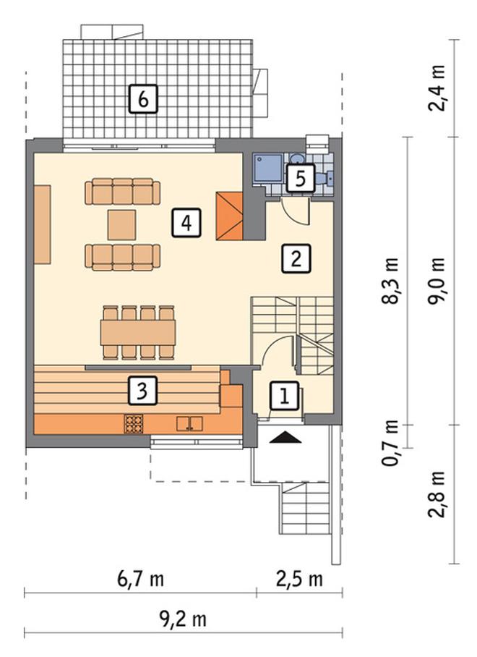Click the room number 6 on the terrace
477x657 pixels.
(143, 99)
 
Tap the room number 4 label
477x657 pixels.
(186, 223)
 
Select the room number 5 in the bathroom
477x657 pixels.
(300, 179)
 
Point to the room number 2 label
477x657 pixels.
(296, 259)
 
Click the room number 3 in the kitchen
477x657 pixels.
(142, 391)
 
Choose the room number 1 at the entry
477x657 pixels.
(285, 396)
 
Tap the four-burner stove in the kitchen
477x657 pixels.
(134, 423)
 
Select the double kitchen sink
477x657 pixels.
(189, 423)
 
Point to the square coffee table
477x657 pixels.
(121, 225)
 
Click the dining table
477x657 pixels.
(138, 333)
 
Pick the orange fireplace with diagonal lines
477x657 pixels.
(229, 216)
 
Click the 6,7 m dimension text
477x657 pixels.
(140, 580)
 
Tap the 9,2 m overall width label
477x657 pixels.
(184, 619)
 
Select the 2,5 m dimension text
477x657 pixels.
(300, 580)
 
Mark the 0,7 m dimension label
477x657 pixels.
(390, 443)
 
